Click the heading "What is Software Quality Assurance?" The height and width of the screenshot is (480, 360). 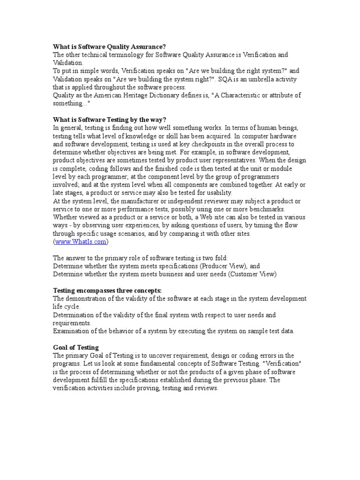(x=109, y=47)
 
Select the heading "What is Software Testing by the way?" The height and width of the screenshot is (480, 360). (x=109, y=120)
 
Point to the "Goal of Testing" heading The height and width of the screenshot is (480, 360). (x=76, y=347)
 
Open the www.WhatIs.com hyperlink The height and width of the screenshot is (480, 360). (x=81, y=242)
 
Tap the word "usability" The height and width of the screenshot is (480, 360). (x=217, y=193)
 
